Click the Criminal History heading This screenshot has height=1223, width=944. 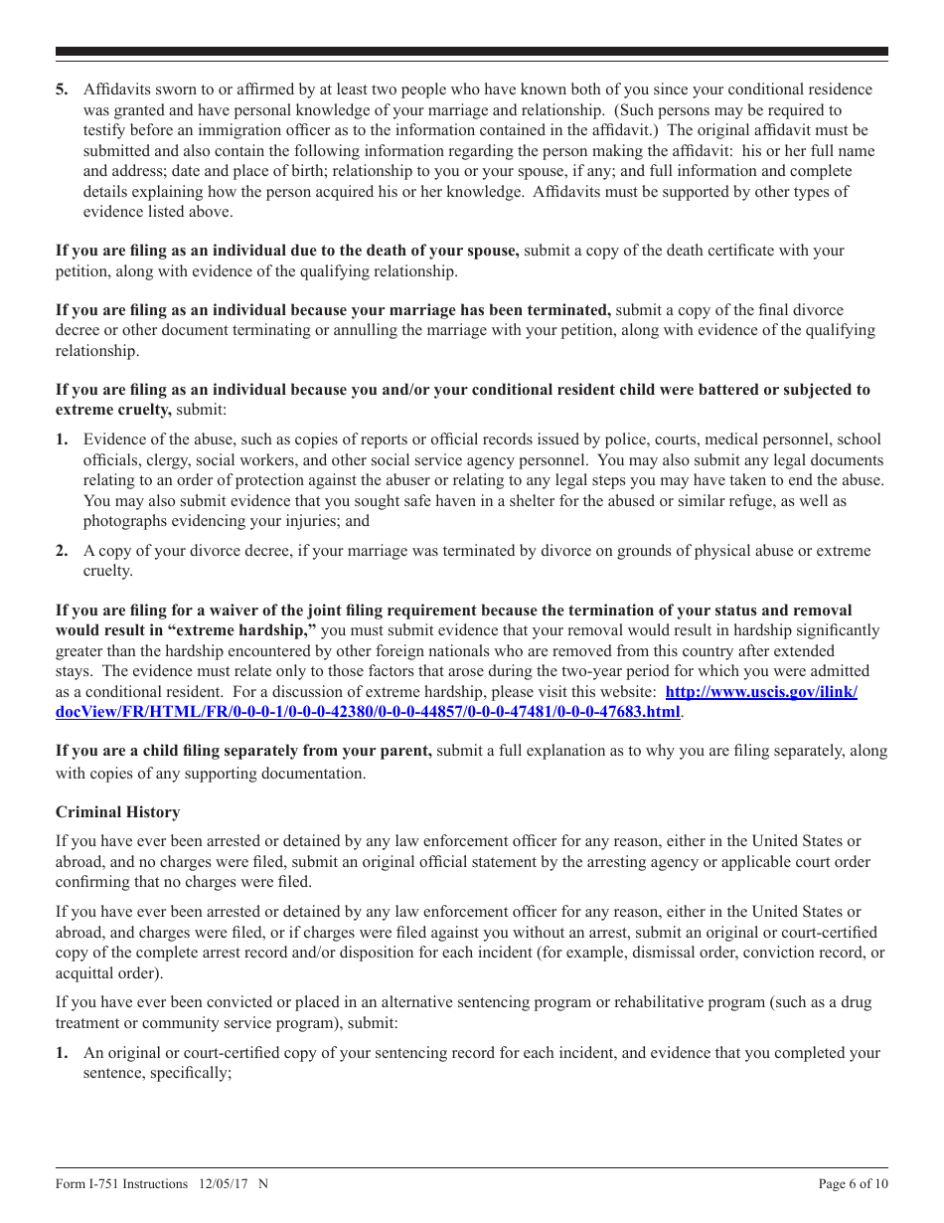[117, 812]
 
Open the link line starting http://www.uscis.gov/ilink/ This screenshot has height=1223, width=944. [761, 691]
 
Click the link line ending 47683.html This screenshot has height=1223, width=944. [368, 712]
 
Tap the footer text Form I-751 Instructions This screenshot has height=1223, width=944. [121, 1183]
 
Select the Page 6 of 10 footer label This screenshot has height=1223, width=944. [853, 1183]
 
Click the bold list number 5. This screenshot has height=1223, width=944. [62, 90]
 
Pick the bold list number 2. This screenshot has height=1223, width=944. [62, 551]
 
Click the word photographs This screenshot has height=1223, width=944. [126, 521]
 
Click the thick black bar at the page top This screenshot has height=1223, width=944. [472, 52]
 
